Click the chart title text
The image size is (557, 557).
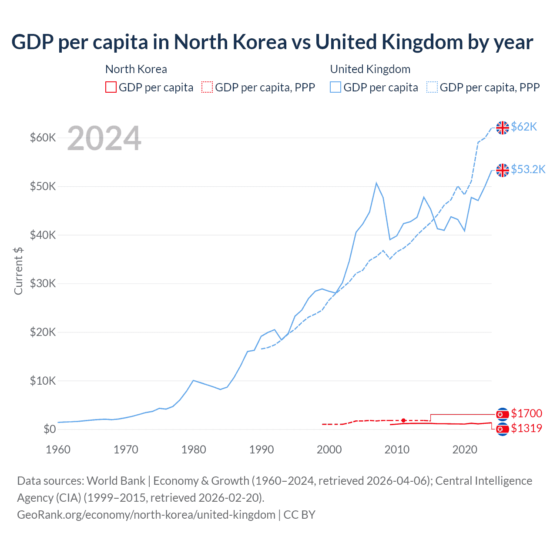[x=272, y=42]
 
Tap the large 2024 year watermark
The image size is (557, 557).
[x=104, y=138]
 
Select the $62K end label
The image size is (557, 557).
[x=524, y=127]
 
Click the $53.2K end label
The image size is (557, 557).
[x=528, y=169]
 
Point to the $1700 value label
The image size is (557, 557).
[x=527, y=413]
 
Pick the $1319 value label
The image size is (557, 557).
[x=527, y=428]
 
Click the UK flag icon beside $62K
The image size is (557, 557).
[x=503, y=128]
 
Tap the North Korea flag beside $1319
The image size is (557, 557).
[x=503, y=429]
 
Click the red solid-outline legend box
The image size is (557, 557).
[x=111, y=87]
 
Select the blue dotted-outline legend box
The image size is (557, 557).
[x=432, y=87]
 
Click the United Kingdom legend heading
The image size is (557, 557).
[x=370, y=69]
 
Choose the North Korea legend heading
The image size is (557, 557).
[x=136, y=69]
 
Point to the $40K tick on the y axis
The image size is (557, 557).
[x=43, y=235]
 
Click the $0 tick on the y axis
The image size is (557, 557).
[x=50, y=429]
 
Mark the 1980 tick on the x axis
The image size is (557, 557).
[x=194, y=450]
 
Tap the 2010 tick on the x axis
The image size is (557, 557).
[x=397, y=450]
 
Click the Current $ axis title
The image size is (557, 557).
[x=18, y=271]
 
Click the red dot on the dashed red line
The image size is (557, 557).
[x=403, y=420]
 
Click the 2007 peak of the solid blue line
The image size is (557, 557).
[x=376, y=183]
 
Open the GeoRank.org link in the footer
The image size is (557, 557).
[x=146, y=515]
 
